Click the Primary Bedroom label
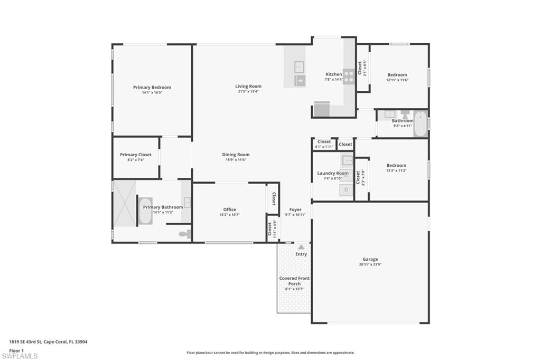tap(152, 87)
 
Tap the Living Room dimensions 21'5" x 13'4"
tap(248, 92)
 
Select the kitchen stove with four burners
tap(348, 77)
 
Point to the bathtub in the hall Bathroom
tap(421, 124)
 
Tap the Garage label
tap(370, 259)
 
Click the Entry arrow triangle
tap(301, 247)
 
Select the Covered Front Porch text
tap(294, 281)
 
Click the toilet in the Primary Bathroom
tap(184, 234)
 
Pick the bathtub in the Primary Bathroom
tap(145, 211)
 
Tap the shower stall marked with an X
tap(125, 203)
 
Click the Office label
tap(229, 210)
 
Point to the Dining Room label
tap(236, 155)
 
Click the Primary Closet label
tap(136, 155)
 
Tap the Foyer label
tap(295, 210)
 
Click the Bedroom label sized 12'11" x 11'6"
tap(397, 75)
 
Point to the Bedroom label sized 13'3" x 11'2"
tap(396, 165)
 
